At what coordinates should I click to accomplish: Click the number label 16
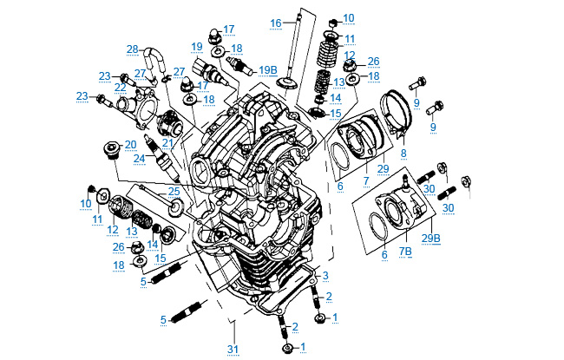pyautogui.click(x=275, y=22)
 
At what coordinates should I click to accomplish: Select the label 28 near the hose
pyautogui.click(x=132, y=49)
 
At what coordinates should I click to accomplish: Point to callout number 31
pyautogui.click(x=232, y=350)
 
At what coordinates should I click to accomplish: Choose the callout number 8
pyautogui.click(x=403, y=154)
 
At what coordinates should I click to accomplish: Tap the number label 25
pyautogui.click(x=174, y=191)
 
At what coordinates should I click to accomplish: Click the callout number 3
pyautogui.click(x=325, y=276)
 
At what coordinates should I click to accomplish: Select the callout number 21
pyautogui.click(x=167, y=142)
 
